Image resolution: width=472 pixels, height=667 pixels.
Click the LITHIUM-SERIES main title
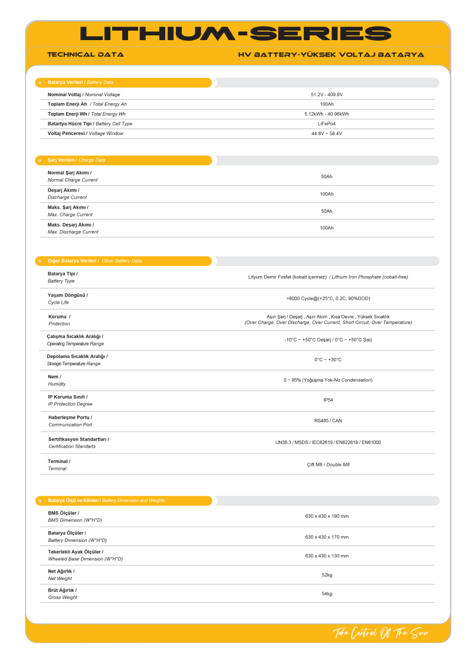tap(235, 34)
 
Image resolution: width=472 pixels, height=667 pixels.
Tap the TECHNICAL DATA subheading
tap(86, 54)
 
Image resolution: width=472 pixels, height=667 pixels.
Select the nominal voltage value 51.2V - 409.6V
tap(326, 94)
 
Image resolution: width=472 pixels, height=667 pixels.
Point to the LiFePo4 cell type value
tap(326, 124)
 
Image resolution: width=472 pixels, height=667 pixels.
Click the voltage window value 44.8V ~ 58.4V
tap(326, 133)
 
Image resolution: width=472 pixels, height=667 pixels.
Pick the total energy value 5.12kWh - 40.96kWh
tap(326, 114)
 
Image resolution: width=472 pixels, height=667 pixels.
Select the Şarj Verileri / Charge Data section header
tap(77, 160)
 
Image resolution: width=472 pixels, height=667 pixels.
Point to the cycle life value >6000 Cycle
tap(328, 298)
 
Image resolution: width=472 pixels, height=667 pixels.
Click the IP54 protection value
tap(328, 400)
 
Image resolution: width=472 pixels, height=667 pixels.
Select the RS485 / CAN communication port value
tap(328, 420)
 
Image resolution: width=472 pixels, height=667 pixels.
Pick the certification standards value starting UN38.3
tap(328, 442)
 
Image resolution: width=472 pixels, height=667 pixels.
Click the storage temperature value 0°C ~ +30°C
tap(328, 360)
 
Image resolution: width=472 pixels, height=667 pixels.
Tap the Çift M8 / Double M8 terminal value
tap(328, 465)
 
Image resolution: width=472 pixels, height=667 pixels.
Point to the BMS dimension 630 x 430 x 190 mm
tap(327, 516)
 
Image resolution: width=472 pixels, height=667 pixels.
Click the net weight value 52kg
tap(327, 575)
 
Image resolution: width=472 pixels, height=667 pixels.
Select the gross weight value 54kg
tap(327, 593)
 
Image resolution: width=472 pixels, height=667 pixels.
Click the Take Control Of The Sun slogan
tap(380, 633)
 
